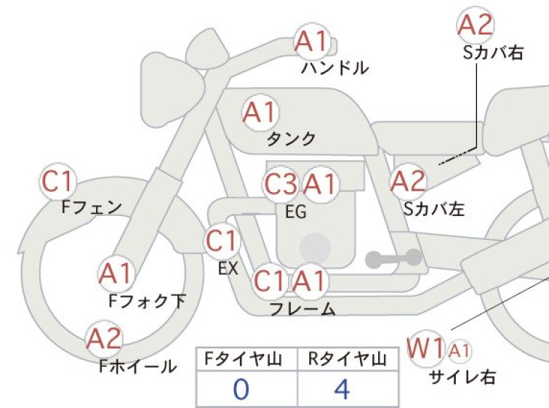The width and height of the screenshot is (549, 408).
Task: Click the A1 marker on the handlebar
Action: coord(313,42)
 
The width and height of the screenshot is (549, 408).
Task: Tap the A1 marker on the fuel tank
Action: coord(260,113)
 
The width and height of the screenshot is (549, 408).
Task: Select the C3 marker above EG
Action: coord(281,184)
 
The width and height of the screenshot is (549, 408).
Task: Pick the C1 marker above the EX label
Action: coord(222,241)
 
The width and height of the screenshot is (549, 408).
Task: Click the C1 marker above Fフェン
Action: coord(57,181)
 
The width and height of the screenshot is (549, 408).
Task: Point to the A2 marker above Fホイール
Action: coord(104,339)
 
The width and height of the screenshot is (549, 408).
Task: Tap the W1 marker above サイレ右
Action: coord(426,348)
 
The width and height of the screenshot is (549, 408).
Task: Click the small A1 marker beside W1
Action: coord(459,351)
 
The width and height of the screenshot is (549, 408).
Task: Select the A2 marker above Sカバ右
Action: coord(476,25)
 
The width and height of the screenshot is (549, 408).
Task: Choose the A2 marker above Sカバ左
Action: coord(409,182)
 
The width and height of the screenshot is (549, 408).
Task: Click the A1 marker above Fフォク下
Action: coord(116,273)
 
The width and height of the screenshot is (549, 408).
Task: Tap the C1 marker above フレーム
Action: coord(270,281)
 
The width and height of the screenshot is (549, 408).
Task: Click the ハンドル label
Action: coord(334,68)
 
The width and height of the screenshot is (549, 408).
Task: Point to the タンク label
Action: coord(292,139)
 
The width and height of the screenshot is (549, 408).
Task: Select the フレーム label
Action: coord(302,308)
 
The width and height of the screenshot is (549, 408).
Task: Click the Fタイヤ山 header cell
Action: coord(247,359)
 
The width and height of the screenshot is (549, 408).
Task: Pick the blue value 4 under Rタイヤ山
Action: coord(342,389)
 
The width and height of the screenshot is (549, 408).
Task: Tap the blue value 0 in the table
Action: coord(241,389)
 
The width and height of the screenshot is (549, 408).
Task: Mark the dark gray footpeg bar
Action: coord(393,259)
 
